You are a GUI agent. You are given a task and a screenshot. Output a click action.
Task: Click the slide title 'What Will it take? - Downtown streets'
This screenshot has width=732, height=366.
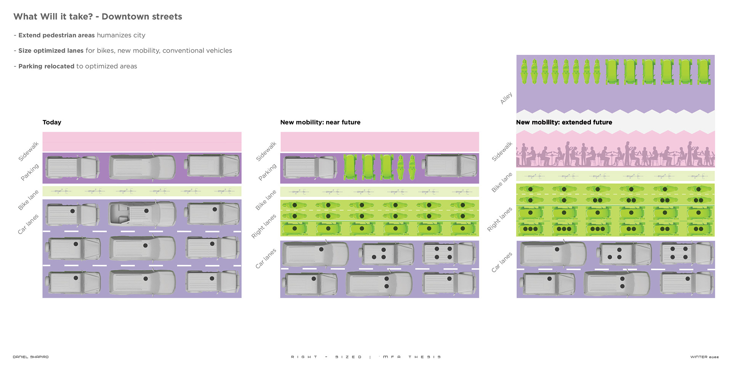[98, 17]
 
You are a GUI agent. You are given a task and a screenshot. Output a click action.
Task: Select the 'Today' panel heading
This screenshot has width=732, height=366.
[52, 122]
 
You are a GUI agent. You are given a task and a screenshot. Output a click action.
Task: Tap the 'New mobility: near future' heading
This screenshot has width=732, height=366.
[320, 122]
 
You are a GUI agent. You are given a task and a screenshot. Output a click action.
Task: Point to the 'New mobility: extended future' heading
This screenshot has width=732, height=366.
[564, 122]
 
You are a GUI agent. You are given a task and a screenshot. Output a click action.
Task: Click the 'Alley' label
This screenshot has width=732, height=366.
[506, 98]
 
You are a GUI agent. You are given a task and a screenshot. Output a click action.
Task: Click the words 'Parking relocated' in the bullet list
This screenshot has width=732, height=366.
[46, 66]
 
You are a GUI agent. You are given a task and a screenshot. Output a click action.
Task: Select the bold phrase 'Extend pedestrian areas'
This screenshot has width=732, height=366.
[56, 35]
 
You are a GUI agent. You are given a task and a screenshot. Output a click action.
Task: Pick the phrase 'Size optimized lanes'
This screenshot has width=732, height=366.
[51, 51]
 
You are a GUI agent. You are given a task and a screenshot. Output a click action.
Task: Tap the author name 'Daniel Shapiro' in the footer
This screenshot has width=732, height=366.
[30, 357]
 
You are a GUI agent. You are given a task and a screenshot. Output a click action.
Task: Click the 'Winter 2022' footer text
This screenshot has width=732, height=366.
[704, 357]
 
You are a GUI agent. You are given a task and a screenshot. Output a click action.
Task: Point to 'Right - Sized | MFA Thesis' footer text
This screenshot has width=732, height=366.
[366, 357]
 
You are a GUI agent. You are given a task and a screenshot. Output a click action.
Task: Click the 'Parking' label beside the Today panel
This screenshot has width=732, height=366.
[30, 172]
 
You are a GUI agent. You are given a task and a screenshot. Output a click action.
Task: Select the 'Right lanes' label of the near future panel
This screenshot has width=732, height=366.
[263, 226]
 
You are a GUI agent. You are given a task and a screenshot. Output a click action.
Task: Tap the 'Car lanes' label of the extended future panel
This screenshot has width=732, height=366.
[502, 262]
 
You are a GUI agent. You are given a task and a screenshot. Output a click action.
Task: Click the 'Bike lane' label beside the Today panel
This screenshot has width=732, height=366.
[28, 200]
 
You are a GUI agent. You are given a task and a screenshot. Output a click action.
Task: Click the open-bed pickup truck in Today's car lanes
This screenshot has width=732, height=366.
[142, 213]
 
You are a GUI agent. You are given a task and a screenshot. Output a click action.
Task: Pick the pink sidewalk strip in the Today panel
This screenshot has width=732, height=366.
[142, 142]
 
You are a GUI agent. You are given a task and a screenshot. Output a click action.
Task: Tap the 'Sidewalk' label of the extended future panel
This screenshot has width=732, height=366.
[502, 151]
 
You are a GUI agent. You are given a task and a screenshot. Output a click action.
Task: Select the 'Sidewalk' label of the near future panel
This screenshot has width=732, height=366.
[266, 151]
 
